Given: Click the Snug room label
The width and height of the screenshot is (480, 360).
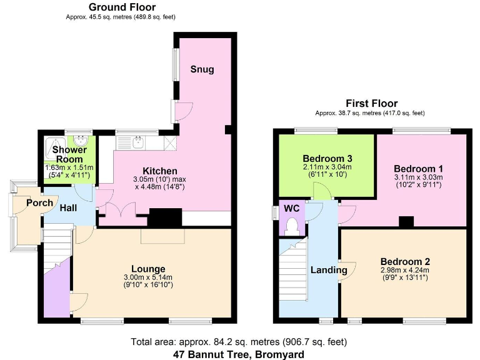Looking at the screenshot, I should (x=202, y=69).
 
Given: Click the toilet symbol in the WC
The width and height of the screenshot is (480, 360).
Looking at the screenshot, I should (x=291, y=227).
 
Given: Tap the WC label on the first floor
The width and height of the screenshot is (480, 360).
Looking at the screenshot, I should (x=292, y=207).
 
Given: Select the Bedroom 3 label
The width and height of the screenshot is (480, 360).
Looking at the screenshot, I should (x=324, y=157).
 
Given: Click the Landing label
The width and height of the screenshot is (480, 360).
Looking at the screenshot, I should (x=329, y=270).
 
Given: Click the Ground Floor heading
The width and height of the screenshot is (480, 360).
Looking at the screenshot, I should (x=122, y=7).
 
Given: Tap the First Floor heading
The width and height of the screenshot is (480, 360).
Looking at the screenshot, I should (x=371, y=104).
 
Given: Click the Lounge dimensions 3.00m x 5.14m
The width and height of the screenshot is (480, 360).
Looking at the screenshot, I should (x=148, y=277).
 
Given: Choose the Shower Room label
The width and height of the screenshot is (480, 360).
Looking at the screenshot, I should (x=69, y=154).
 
